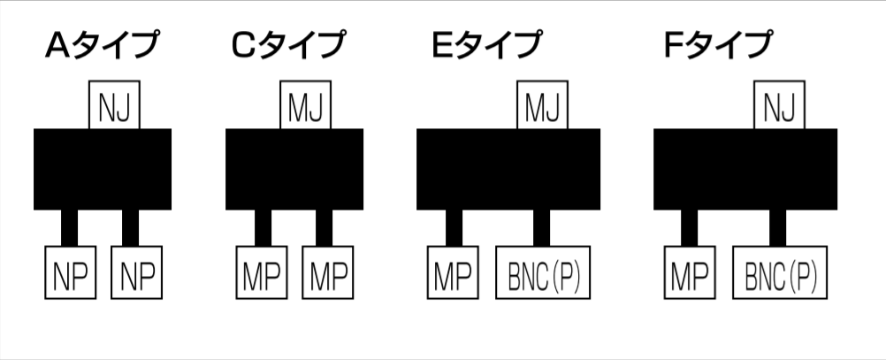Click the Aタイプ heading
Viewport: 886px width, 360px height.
pyautogui.click(x=103, y=45)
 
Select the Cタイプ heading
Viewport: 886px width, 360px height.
pyautogui.click(x=288, y=45)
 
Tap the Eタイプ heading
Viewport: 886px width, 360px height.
pyautogui.click(x=486, y=45)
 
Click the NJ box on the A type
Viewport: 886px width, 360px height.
pyautogui.click(x=115, y=106)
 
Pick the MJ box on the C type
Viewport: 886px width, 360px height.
pyautogui.click(x=306, y=106)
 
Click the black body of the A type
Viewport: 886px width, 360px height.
pyautogui.click(x=102, y=169)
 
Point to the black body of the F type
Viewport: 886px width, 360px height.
pyautogui.click(x=745, y=169)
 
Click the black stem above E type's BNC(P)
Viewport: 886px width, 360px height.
pyautogui.click(x=541, y=228)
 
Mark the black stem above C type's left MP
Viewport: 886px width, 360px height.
pyautogui.click(x=263, y=228)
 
